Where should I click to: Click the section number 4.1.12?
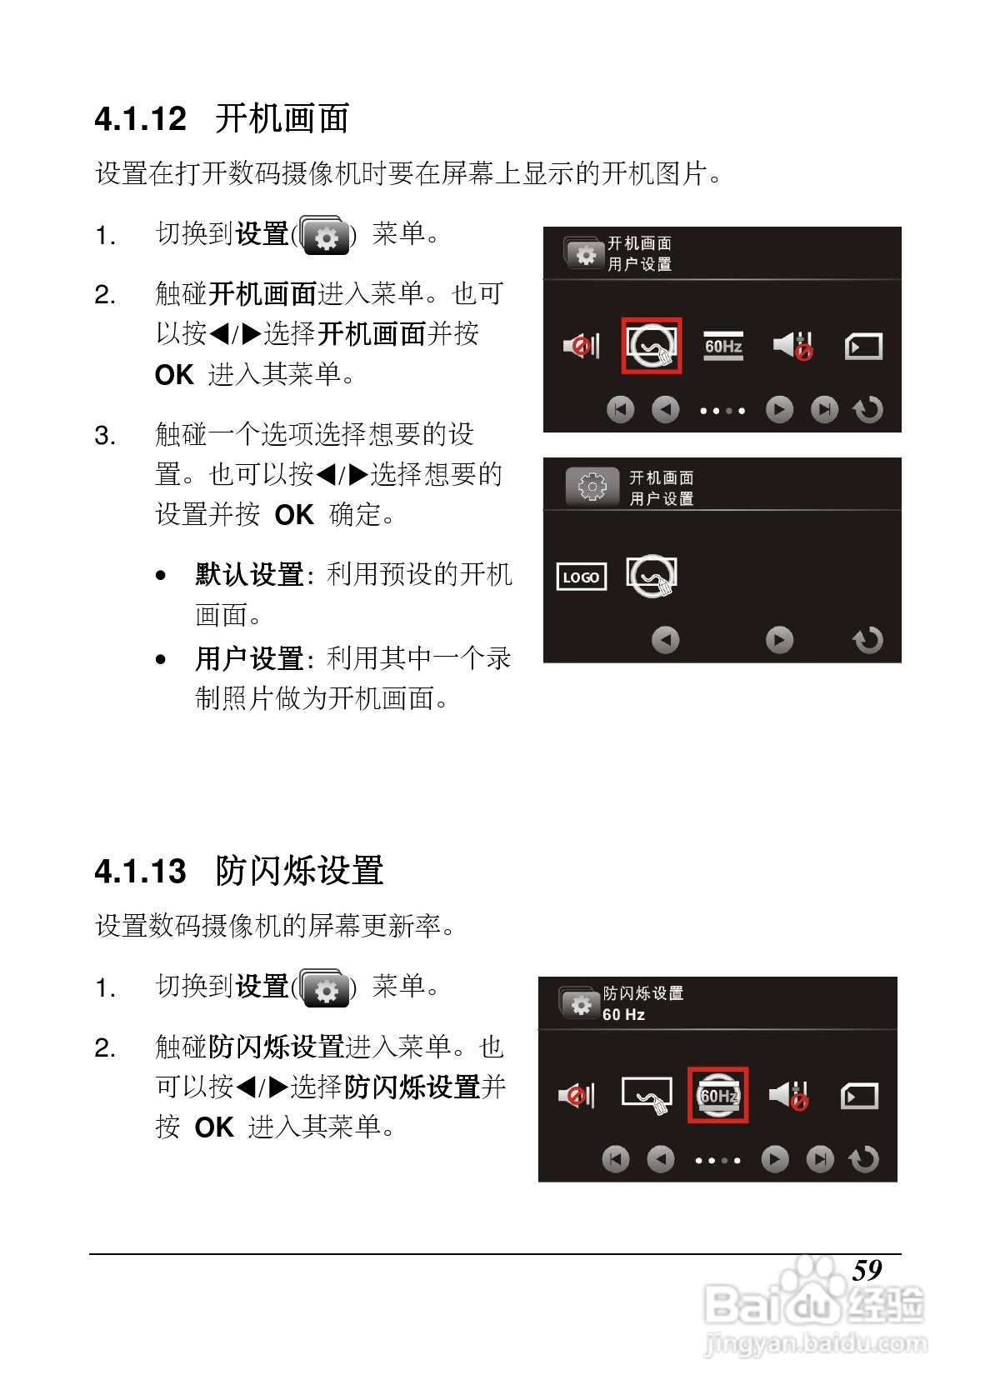140,119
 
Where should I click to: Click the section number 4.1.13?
140,872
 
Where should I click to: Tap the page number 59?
867,1270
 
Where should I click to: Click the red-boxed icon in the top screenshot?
652,345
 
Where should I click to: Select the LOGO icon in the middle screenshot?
581,577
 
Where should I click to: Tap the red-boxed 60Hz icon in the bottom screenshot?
717,1095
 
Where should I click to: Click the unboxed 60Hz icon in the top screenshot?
723,346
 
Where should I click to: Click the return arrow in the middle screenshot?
867,640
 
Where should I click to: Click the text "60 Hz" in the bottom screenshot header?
623,1014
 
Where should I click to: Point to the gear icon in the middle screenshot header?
592,486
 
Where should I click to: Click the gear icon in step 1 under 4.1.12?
325,237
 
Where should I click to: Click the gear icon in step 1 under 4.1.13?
325,989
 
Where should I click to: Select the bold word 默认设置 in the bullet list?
249,574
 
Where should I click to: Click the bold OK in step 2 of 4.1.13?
214,1127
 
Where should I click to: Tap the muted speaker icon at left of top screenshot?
581,345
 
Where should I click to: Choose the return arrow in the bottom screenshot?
864,1159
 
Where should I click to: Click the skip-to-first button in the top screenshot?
620,409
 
